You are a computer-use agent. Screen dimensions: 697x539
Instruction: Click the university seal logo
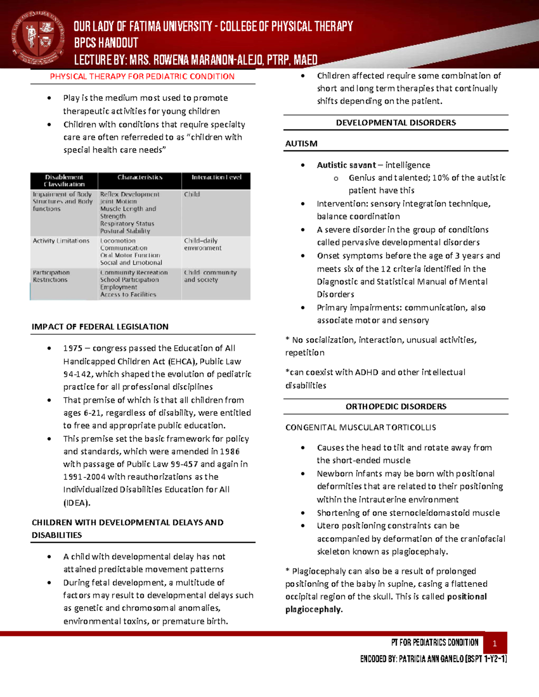point(38,38)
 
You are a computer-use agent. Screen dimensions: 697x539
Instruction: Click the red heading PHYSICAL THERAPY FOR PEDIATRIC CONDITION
point(142,76)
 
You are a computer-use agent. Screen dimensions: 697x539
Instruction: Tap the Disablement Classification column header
point(64,180)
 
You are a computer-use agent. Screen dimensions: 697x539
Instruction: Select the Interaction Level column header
point(216,177)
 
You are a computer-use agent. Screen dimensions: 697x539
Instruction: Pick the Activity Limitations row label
point(61,241)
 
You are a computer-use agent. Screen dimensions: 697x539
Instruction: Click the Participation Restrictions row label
point(51,276)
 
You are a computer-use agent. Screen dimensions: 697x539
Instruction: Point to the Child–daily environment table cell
point(202,244)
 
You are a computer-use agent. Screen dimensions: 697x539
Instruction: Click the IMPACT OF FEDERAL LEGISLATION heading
point(100,327)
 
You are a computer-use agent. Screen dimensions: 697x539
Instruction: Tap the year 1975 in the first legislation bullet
point(73,348)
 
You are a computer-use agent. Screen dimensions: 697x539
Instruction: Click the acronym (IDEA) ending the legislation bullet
point(76,503)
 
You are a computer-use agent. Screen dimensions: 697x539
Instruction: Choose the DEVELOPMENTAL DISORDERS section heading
point(396,123)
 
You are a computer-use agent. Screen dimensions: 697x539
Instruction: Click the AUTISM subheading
point(301,144)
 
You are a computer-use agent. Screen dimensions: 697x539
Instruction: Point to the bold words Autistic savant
point(346,165)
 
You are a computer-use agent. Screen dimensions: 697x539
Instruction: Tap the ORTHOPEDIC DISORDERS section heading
point(396,407)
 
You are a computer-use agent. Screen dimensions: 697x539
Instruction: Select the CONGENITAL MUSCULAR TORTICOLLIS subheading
point(360,427)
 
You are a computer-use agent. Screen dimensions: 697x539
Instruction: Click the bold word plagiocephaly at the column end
point(314,609)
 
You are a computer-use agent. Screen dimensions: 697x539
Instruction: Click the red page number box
point(495,644)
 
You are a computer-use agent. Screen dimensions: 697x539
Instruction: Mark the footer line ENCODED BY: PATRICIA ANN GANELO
point(433,659)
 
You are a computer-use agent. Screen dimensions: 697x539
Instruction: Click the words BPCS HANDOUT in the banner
point(106,43)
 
